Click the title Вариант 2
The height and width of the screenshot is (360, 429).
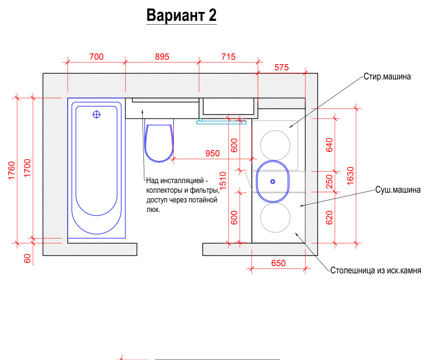[x=181, y=15]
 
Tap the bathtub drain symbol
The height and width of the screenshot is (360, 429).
[x=97, y=115]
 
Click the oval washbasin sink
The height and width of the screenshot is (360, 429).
[x=273, y=182]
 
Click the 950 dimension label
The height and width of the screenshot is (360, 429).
[x=212, y=153]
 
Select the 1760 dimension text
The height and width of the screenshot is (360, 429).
[x=12, y=170]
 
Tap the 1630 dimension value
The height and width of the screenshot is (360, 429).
[x=351, y=175]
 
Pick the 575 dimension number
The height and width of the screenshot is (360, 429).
[x=282, y=67]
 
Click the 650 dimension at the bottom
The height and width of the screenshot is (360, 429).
[x=278, y=263]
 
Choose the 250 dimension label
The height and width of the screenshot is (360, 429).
[x=329, y=181]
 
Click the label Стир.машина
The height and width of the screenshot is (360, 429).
[x=387, y=77]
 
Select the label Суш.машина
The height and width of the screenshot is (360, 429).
[x=397, y=190]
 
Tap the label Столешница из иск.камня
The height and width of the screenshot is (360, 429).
[x=376, y=271]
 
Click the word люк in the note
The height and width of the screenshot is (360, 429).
[x=153, y=209]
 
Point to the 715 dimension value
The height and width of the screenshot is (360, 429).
[x=228, y=56]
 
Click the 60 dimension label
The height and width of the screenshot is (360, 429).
[x=27, y=259]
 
